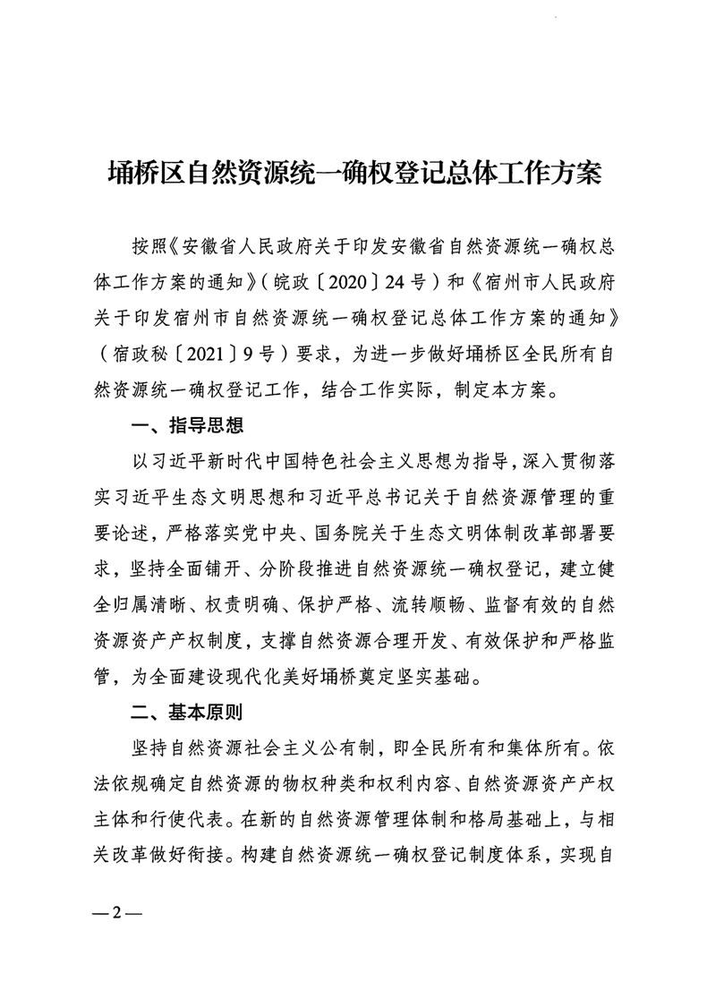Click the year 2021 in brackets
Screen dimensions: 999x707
pyautogui.click(x=188, y=353)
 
